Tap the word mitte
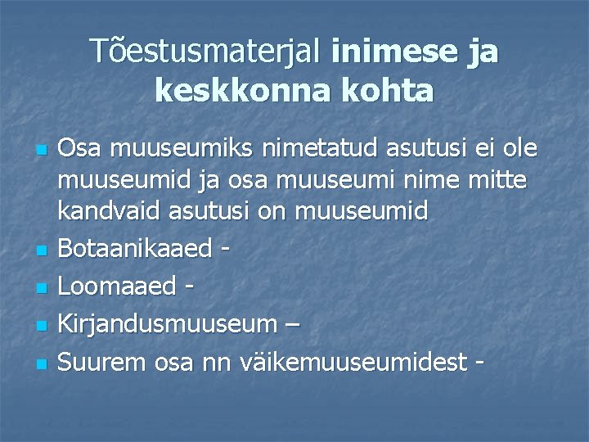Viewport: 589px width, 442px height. pyautogui.click(x=495, y=180)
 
